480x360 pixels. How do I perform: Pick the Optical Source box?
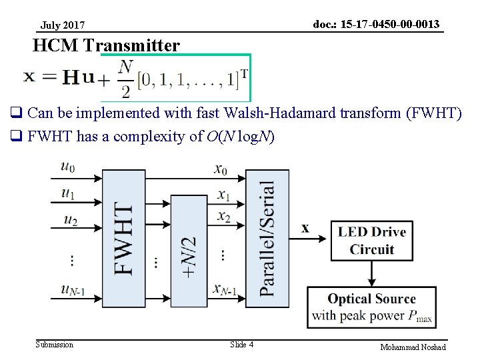[371, 307]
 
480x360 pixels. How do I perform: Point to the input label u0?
[67, 167]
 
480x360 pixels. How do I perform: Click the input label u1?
[67, 193]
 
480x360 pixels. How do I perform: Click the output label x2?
[223, 217]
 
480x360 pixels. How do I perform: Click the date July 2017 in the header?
[63, 26]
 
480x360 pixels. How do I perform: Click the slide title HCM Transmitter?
[106, 45]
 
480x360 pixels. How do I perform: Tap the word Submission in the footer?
[55, 345]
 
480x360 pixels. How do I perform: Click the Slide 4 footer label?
[241, 345]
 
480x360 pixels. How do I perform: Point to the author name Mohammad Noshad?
[413, 347]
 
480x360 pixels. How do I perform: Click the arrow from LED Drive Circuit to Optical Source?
[371, 273]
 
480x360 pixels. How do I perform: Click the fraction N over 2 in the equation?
[125, 79]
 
